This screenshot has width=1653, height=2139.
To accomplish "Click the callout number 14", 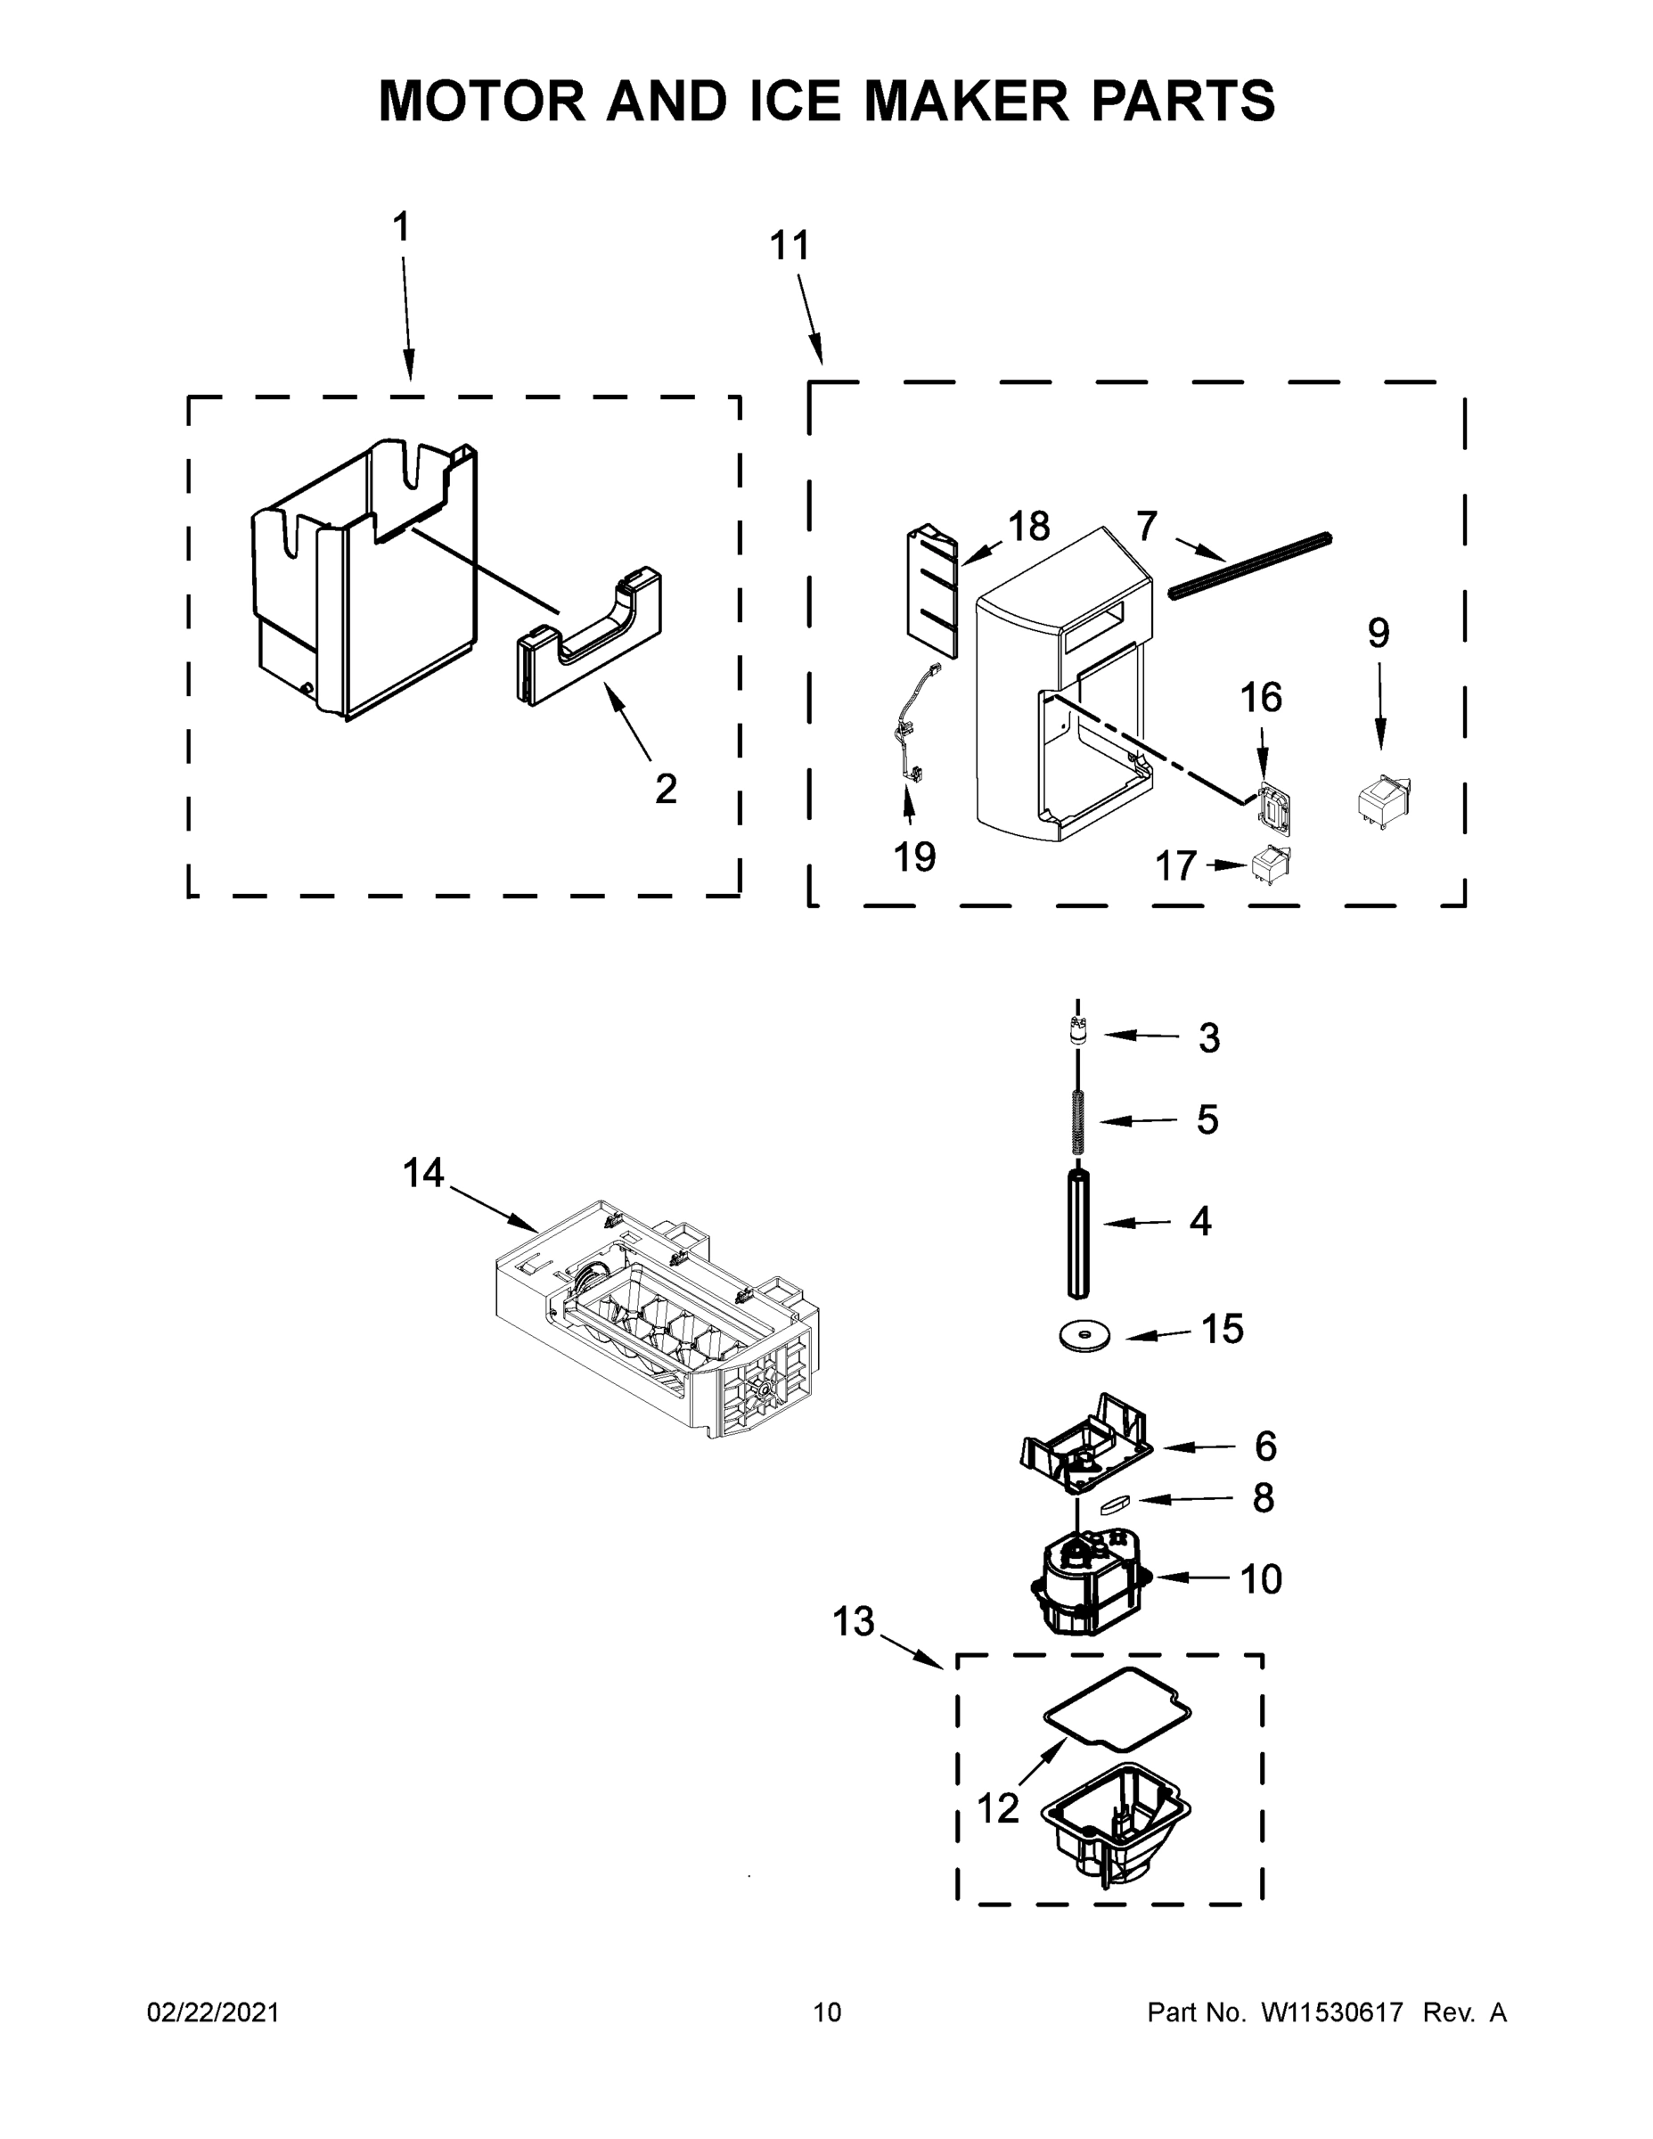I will pos(423,1173).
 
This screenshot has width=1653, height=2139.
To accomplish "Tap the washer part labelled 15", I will pos(1085,1335).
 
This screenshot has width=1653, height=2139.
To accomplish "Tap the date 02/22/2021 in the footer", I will pos(212,2012).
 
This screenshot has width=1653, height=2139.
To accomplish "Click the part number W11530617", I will pos(1332,2012).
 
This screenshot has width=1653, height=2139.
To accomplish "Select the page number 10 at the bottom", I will pos(827,2012).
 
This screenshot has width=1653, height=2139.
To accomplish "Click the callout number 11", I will pos(790,245).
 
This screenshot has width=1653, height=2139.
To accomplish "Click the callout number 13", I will pos(853,1622).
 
